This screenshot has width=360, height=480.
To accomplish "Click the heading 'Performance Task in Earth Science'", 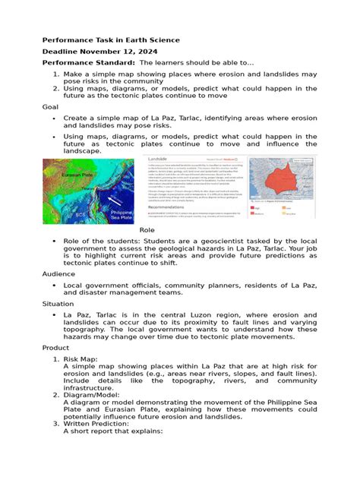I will tap(110, 39).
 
